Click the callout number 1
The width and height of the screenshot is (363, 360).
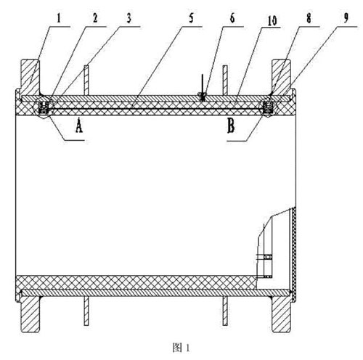[59, 18]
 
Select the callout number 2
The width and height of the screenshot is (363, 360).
[95, 18]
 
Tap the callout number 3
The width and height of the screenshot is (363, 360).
[129, 18]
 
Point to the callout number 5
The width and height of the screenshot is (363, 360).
[192, 18]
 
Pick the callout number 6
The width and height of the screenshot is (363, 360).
[232, 18]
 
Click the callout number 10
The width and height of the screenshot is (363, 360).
[272, 20]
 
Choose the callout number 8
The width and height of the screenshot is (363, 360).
[309, 18]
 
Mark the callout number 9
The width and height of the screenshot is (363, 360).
[346, 18]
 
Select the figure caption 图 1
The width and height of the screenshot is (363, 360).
[181, 348]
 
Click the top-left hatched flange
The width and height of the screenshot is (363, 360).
[30, 78]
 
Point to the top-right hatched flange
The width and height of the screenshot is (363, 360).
[282, 78]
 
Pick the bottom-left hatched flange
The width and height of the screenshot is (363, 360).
[30, 314]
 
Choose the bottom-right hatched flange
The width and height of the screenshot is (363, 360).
[282, 314]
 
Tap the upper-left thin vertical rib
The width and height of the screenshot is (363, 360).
[86, 80]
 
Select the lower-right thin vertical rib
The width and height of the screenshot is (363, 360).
[225, 311]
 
